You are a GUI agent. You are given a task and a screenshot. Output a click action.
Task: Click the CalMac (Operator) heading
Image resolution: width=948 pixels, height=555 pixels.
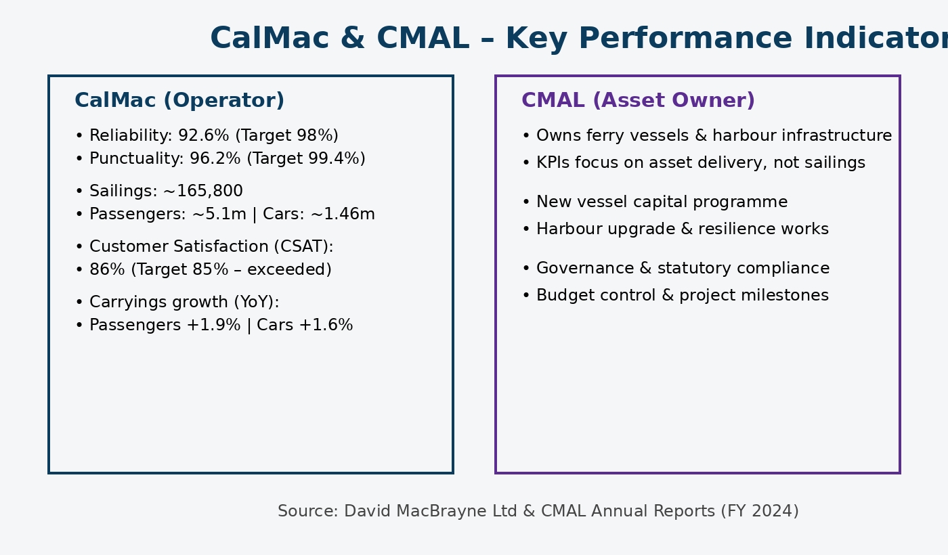179,101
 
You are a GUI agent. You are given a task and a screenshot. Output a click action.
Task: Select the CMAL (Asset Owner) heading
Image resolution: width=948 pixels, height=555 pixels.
638,101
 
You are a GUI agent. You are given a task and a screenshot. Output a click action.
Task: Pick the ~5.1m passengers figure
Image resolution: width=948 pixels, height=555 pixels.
219,215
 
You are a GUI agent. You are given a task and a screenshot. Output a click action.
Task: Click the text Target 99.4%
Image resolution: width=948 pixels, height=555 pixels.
306,159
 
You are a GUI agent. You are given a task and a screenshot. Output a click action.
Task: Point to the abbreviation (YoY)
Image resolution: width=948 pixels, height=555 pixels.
255,303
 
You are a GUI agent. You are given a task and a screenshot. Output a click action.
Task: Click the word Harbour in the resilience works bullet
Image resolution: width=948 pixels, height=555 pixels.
564,229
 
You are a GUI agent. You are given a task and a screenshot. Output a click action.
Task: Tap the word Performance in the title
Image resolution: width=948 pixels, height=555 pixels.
648,39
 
